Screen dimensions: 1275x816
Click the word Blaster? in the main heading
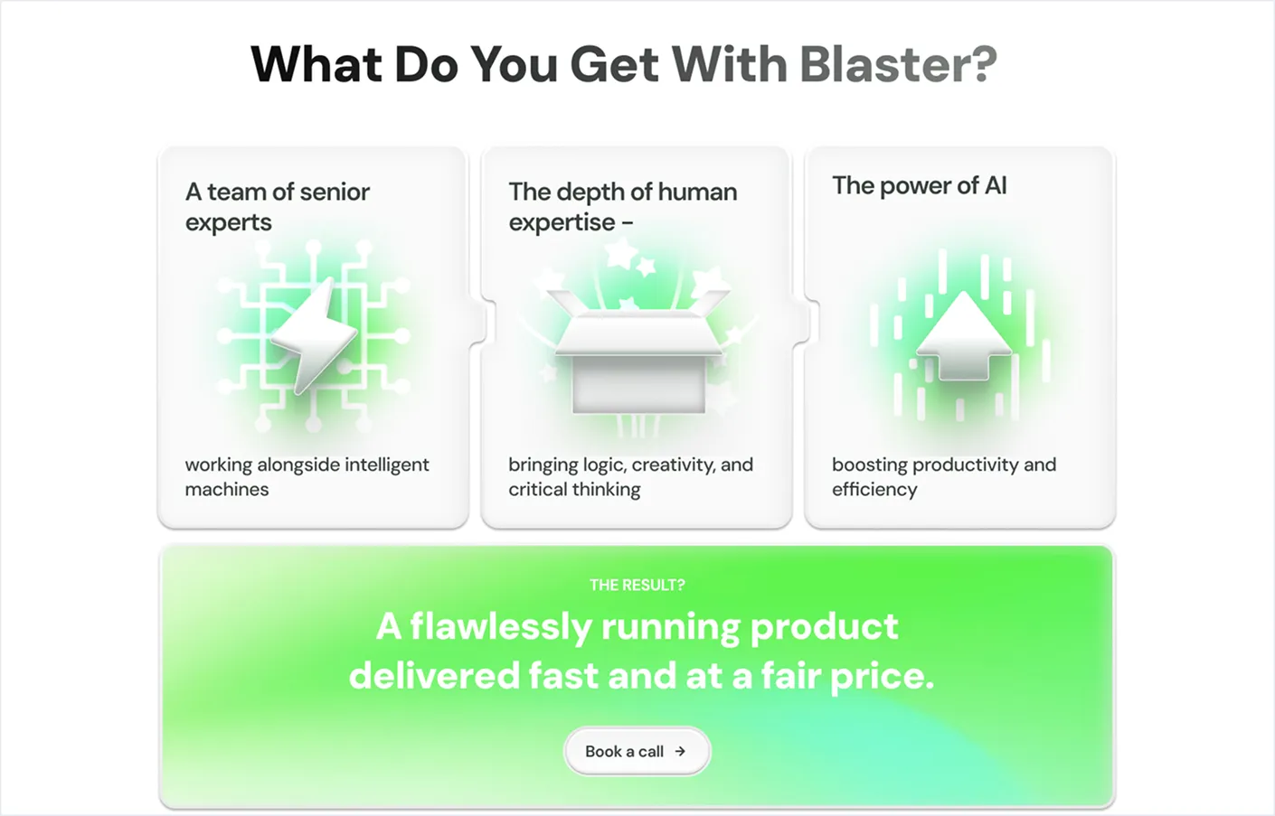[899, 63]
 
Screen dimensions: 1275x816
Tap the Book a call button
[637, 751]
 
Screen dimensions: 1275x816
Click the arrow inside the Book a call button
[680, 751]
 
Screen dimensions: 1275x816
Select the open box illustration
[638, 352]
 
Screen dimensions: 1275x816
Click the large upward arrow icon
[963, 335]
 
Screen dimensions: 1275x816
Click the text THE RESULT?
[637, 586]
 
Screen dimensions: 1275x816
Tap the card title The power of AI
[920, 186]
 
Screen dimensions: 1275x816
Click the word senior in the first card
[335, 192]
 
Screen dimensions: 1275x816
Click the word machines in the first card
[227, 489]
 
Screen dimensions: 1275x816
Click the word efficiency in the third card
[874, 490]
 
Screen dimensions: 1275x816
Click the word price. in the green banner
[883, 677]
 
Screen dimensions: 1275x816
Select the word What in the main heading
[316, 63]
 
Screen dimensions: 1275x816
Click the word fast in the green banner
[563, 676]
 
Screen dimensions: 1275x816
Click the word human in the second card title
[697, 192]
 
